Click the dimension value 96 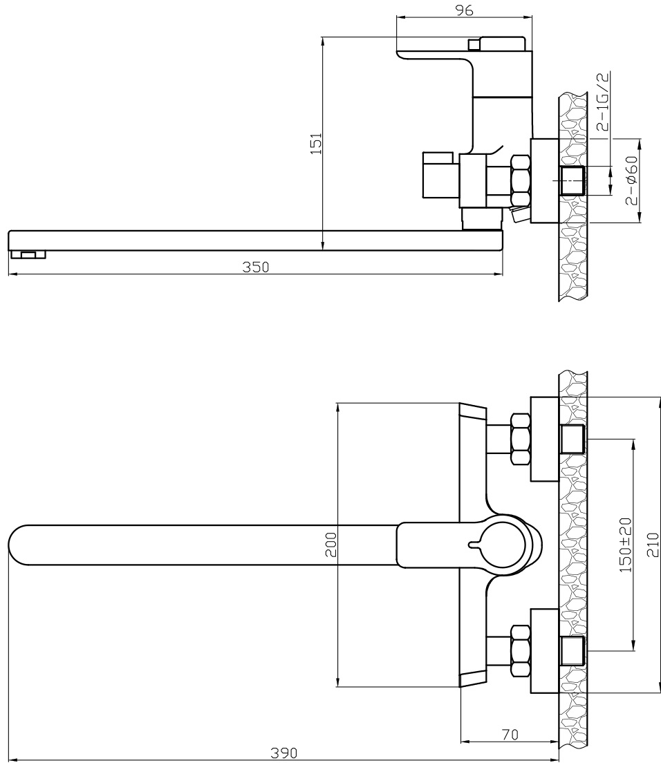tap(465, 10)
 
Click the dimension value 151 tap(317, 144)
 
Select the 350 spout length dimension tap(256, 267)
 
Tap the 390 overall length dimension tap(283, 753)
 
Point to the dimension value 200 tap(330, 545)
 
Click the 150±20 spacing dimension tap(626, 545)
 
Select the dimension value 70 tap(510, 735)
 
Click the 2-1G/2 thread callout tap(603, 102)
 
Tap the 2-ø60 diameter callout tap(631, 180)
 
